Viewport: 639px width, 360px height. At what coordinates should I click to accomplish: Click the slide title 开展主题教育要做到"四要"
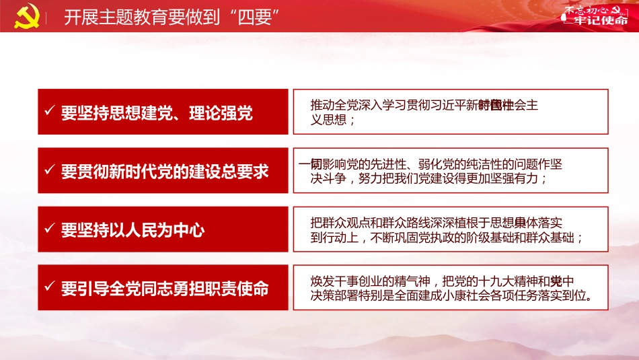(x=172, y=17)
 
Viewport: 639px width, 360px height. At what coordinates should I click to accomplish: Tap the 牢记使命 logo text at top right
(x=595, y=20)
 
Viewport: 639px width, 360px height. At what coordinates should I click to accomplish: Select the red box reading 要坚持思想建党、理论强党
(x=163, y=112)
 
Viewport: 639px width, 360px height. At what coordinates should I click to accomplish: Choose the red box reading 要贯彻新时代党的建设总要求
(x=163, y=170)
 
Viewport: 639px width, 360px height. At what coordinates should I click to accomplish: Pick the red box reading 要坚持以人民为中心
(x=163, y=229)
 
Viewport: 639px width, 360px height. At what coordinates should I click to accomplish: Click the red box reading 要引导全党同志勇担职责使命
(x=163, y=288)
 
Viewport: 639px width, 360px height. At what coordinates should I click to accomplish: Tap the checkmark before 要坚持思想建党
(x=49, y=111)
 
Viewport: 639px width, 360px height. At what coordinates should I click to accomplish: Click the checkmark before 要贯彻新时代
(x=49, y=170)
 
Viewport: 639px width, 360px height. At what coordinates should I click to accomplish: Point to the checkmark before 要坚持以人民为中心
(x=49, y=229)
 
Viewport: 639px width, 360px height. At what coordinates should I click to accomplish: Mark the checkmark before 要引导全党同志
(x=49, y=287)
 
